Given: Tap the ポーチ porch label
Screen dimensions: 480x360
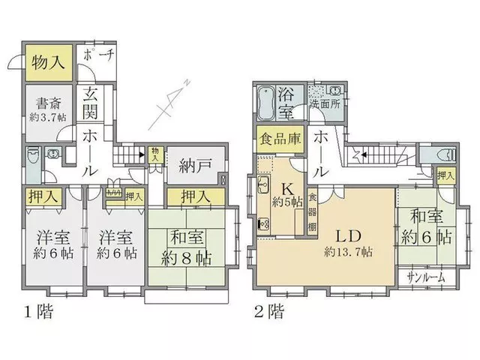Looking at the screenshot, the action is point(98,55).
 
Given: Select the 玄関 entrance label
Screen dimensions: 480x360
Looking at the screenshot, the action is point(90,103).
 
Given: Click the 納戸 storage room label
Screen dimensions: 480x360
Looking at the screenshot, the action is point(195,166).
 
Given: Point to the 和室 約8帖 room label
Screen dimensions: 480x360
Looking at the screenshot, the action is point(187,247).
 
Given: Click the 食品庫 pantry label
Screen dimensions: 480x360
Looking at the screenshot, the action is point(280,139).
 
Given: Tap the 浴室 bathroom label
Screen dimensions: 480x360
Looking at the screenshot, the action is point(286,103).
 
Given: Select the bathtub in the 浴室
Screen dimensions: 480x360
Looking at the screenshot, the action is point(266,103).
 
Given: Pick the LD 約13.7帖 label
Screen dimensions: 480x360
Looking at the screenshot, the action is point(349,243).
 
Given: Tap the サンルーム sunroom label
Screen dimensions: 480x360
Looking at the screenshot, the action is point(426,277).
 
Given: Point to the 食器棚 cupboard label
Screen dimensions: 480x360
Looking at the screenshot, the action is point(312,212).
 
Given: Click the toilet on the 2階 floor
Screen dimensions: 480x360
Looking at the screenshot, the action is point(447,154).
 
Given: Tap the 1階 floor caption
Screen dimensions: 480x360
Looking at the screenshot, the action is point(38,312).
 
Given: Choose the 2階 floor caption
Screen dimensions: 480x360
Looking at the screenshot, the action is point(269,312).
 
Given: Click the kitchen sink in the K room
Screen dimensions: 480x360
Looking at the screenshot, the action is point(263,184).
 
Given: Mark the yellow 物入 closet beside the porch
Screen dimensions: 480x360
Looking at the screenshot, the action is point(49,63).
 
